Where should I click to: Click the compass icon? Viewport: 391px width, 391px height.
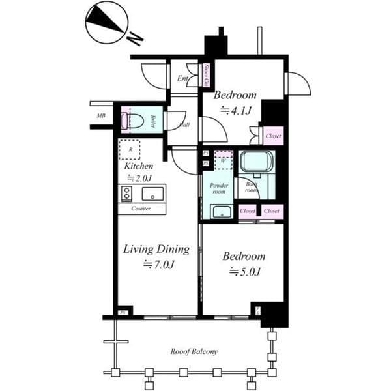click(x=106, y=23)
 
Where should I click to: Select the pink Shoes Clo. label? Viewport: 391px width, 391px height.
click(x=207, y=76)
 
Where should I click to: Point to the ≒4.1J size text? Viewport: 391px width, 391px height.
click(x=236, y=111)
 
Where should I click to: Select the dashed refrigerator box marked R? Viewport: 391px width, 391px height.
click(x=130, y=149)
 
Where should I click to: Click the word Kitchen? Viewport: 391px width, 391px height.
click(x=139, y=166)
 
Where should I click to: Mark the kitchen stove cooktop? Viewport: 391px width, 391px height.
click(x=126, y=193)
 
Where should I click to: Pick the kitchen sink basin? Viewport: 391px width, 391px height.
click(x=154, y=193)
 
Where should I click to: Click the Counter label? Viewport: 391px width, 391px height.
click(x=141, y=209)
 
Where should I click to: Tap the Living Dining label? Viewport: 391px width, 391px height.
click(x=156, y=249)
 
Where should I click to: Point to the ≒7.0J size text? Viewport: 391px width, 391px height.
click(x=158, y=264)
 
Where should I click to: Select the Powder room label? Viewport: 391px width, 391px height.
click(x=217, y=188)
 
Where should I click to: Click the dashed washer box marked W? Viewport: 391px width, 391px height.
click(x=223, y=160)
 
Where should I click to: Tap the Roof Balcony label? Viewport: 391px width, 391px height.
click(x=194, y=351)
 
